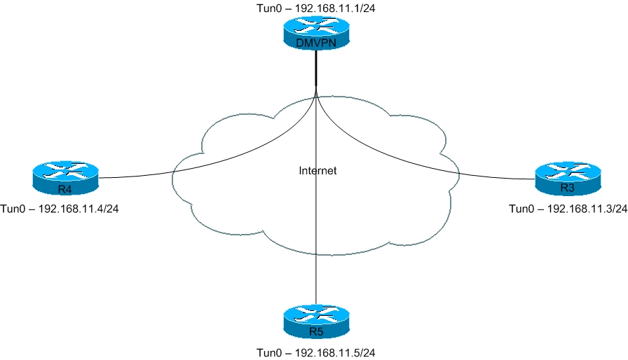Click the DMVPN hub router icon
tap(316, 33)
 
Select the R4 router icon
tap(65, 179)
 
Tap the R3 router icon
tap(568, 179)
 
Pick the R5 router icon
tap(316, 322)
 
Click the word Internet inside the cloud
tap(318, 171)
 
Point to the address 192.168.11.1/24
tap(335, 8)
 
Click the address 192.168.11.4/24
tap(78, 209)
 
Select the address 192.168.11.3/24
tap(587, 209)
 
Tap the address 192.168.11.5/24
tap(335, 352)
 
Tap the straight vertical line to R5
tap(316, 196)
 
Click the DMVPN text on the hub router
tap(316, 43)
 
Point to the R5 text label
tap(316, 331)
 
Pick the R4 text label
tap(65, 189)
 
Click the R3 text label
tap(568, 188)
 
